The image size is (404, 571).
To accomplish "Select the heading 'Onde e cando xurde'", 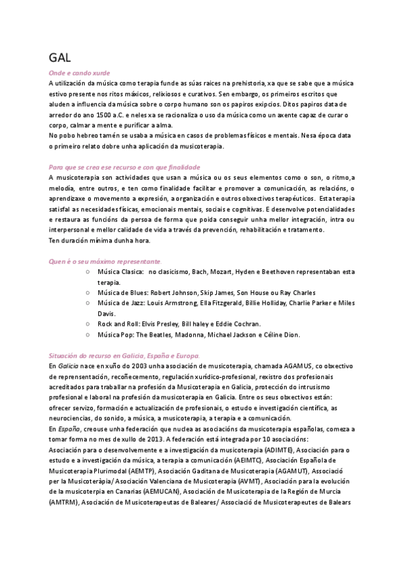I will point(79,72).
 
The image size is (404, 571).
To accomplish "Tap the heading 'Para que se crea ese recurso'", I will point(125,166).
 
